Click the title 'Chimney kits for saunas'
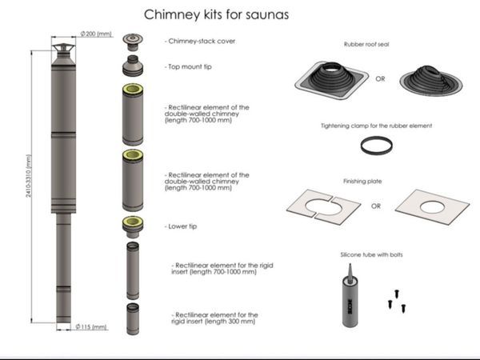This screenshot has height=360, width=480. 217,14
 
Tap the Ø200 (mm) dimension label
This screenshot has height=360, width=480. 96,34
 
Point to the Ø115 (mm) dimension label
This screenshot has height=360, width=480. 91,327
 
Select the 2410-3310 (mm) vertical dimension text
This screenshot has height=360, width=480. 29,176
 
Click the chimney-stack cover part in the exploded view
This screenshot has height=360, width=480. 133,42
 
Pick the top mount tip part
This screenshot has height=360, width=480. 133,66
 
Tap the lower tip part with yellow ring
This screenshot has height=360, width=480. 133,227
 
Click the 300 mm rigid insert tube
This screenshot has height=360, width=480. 133,319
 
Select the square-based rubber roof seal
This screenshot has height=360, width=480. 331,79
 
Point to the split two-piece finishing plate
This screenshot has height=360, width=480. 323,207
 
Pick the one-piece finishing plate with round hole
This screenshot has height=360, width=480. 432,207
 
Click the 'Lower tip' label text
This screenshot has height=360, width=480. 181,226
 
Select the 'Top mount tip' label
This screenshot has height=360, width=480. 188,66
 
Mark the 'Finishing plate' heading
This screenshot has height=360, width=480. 362,182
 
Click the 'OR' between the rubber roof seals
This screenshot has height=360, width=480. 380,79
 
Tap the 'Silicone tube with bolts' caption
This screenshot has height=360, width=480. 372,254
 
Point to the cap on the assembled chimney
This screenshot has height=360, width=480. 63,49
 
